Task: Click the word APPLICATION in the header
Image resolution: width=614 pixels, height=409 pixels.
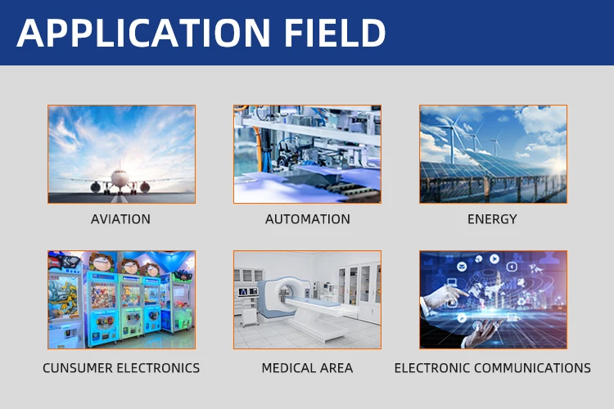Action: (143, 33)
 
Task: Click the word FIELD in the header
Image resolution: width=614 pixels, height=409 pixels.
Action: (335, 33)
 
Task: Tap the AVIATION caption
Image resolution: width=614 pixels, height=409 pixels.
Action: (120, 219)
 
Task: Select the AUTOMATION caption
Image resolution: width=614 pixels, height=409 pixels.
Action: (307, 219)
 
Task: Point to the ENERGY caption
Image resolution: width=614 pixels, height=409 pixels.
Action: (492, 219)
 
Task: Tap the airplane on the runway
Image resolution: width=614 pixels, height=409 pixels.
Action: (120, 181)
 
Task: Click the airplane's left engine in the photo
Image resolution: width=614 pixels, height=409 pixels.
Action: (95, 187)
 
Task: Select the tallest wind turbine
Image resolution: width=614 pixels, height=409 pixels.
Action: (453, 135)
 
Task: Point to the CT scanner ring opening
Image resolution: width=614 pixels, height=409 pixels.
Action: (285, 291)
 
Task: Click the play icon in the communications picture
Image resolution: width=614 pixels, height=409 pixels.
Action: (494, 258)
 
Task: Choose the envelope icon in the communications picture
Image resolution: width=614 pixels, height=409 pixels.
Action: (462, 267)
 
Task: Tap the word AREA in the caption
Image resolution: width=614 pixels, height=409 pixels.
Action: (336, 368)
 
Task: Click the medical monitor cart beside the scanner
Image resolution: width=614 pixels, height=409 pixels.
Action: (248, 306)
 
